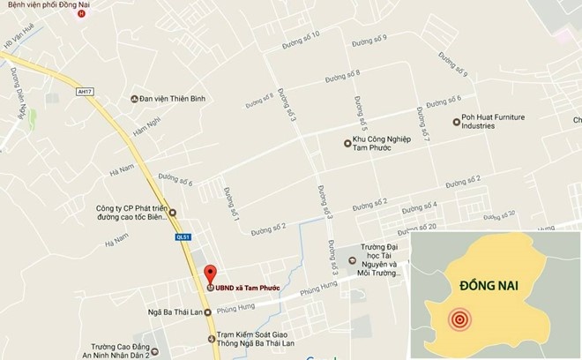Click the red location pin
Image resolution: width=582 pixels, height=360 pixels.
210,273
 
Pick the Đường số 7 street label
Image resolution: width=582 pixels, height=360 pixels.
425,131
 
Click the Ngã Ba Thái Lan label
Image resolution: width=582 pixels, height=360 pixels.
173,312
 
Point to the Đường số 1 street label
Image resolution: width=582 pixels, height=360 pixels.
232,204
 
